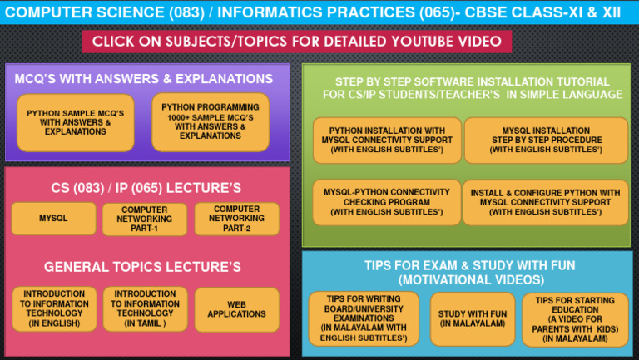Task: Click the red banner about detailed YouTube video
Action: click(x=297, y=42)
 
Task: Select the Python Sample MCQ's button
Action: click(x=76, y=122)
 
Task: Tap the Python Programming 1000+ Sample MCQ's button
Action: click(x=210, y=121)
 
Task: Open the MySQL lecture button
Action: click(x=53, y=219)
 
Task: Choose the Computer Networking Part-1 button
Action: click(x=144, y=219)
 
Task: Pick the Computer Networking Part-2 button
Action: click(x=236, y=219)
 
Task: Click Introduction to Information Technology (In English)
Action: click(x=54, y=308)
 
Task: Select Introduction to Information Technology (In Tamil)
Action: click(x=145, y=308)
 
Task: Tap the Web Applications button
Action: click(x=236, y=308)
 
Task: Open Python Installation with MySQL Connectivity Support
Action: click(x=387, y=141)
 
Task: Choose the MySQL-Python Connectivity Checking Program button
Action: click(x=387, y=202)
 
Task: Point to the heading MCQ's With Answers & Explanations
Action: click(x=144, y=79)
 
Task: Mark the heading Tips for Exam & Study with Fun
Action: click(x=469, y=273)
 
